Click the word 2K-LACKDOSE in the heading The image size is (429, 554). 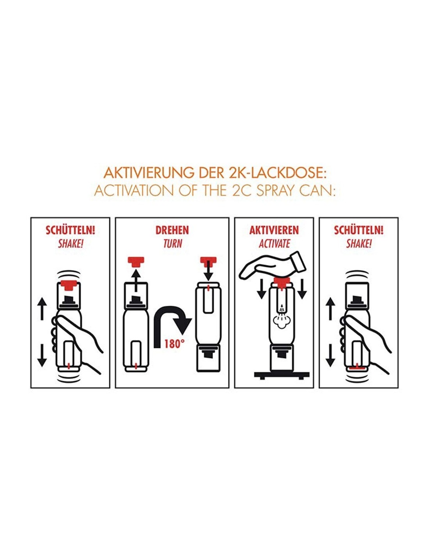click(277, 173)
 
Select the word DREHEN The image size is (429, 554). click(172, 230)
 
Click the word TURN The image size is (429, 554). click(173, 244)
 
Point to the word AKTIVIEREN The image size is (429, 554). click(274, 230)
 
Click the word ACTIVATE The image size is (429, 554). click(274, 244)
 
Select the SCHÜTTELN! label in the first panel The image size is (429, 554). click(70, 230)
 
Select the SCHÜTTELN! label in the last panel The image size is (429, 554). click(359, 230)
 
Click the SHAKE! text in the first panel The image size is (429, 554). click(71, 244)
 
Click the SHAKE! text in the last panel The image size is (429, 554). click(358, 244)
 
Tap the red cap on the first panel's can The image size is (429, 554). click(69, 284)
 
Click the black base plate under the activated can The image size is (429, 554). click(282, 375)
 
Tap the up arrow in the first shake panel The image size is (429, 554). click(42, 309)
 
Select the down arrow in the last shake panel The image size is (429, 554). click(330, 355)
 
